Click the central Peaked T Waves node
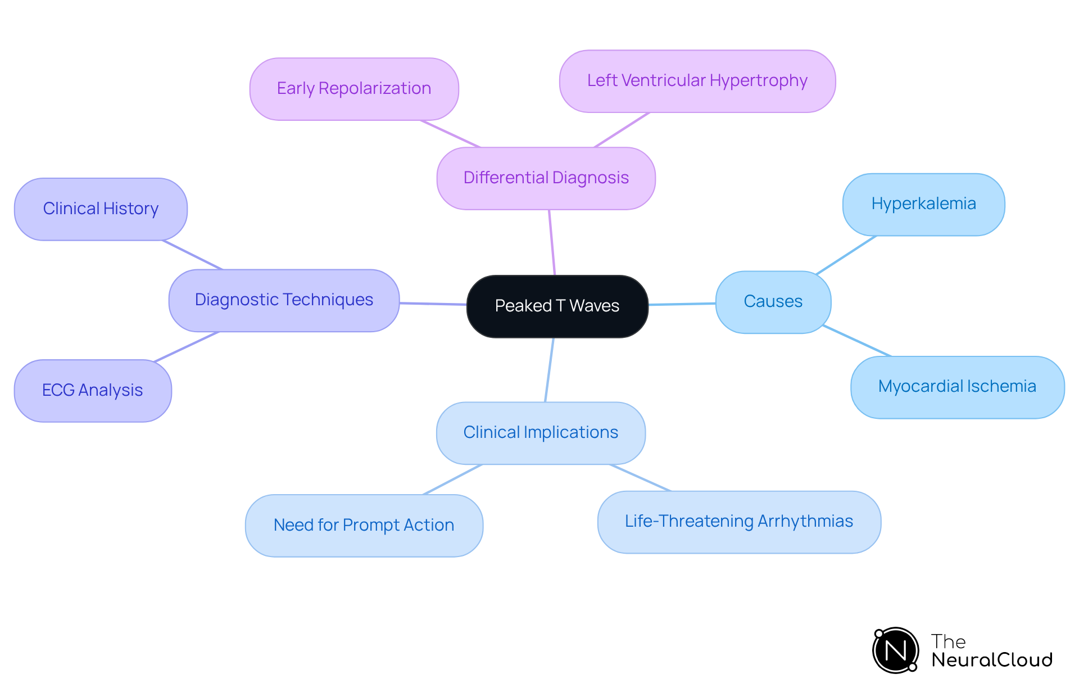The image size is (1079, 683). click(x=557, y=306)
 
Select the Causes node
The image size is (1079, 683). click(x=773, y=302)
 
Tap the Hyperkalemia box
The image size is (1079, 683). click(x=923, y=204)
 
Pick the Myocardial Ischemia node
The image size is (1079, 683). click(x=957, y=387)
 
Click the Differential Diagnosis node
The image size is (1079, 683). click(x=546, y=178)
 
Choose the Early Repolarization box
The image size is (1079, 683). click(x=354, y=89)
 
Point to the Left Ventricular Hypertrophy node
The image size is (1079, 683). click(x=697, y=81)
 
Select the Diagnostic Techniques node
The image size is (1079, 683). click(x=284, y=300)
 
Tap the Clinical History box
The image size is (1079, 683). click(x=101, y=209)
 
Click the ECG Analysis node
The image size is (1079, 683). click(x=93, y=391)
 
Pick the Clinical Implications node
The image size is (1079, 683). click(x=541, y=433)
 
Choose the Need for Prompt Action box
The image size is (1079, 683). click(x=364, y=526)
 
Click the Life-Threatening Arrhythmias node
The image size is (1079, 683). click(x=739, y=522)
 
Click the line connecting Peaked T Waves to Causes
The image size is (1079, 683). click(x=682, y=304)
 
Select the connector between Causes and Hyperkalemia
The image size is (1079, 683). click(x=846, y=255)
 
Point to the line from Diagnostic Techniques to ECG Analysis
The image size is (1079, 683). click(x=186, y=347)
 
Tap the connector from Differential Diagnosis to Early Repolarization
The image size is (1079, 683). click(x=450, y=134)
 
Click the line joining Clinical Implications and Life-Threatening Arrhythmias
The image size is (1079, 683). click(x=641, y=478)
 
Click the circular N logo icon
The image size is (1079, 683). click(x=895, y=650)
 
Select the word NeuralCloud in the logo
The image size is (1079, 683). click(x=992, y=660)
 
